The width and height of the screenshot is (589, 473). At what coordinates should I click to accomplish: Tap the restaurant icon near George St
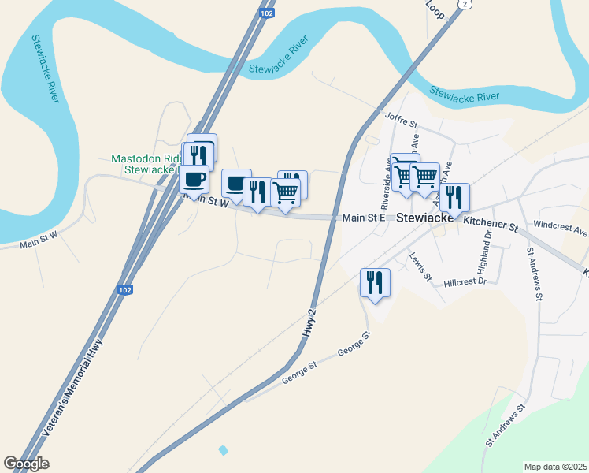point(375,282)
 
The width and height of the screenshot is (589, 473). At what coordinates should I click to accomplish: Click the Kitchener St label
point(489,226)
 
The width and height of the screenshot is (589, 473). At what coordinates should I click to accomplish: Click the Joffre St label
point(400,120)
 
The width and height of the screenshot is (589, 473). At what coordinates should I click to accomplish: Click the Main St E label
point(362,218)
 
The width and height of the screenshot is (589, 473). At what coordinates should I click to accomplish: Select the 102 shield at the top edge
point(268,13)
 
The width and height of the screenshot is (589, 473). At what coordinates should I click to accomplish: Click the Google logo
point(26,464)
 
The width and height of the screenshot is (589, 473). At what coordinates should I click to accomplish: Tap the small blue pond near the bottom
point(223,450)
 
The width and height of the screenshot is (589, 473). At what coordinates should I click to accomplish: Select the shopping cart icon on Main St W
point(285,191)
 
